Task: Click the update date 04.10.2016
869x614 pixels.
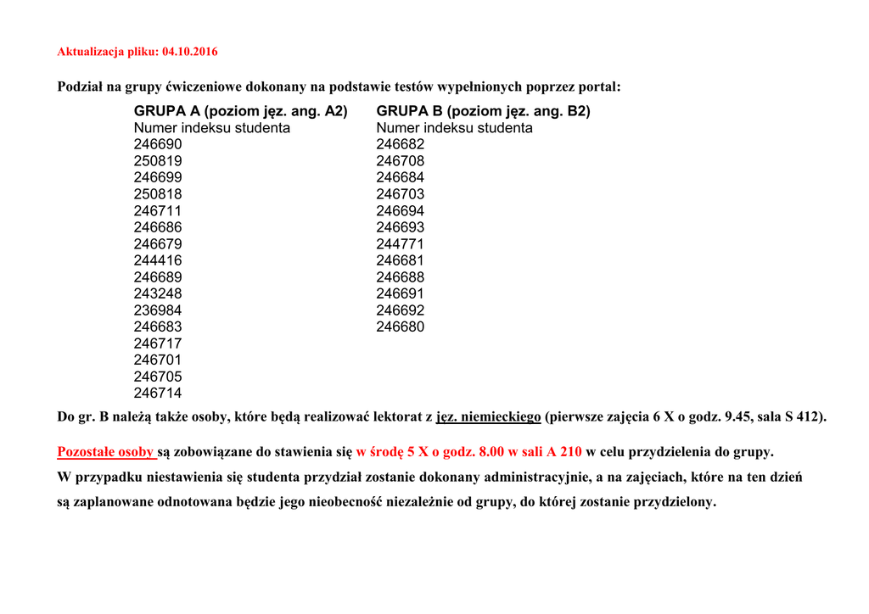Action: tap(189, 52)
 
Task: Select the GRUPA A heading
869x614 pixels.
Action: tap(240, 111)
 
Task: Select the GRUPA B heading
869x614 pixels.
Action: tap(483, 111)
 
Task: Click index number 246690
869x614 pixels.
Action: tap(158, 144)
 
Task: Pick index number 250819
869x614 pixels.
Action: tap(158, 161)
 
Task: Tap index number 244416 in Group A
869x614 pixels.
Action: tap(158, 260)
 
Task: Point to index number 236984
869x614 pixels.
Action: tap(158, 310)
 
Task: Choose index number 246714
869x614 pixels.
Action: tap(158, 393)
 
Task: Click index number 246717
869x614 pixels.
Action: tap(158, 343)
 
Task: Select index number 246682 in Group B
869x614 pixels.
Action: tap(401, 144)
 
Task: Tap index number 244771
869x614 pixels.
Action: tap(401, 244)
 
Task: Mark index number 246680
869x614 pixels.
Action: tap(401, 327)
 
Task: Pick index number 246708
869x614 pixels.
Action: tap(401, 161)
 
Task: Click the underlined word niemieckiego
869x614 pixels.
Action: tap(500, 417)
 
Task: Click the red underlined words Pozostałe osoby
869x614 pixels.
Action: tap(105, 451)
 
